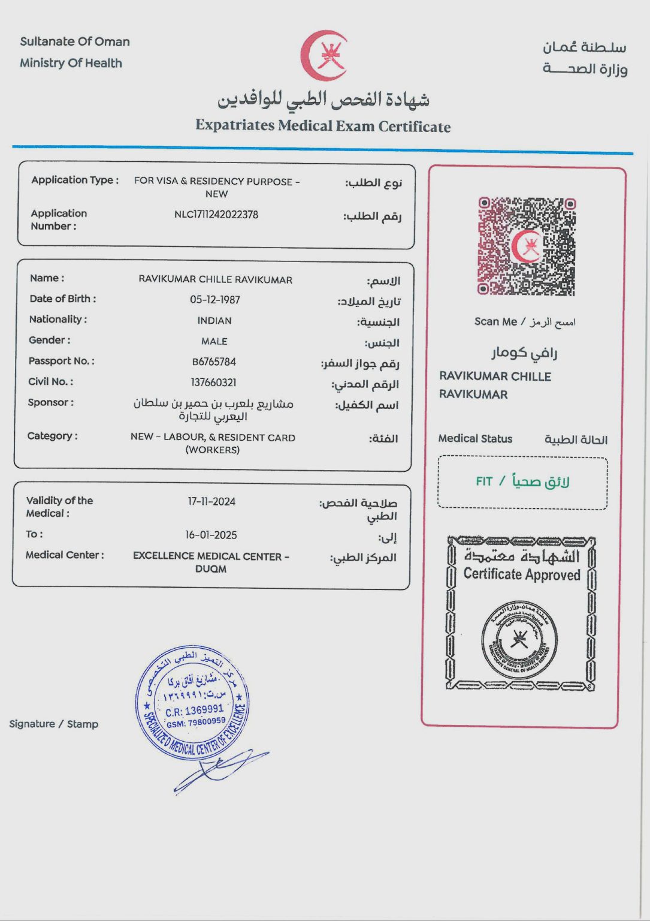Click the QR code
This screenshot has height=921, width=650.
point(527,246)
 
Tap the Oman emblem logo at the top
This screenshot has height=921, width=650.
point(324,56)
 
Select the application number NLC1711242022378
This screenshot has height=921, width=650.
point(216,215)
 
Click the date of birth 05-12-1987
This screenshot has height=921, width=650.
point(215,300)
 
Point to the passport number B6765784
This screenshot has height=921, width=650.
point(214,362)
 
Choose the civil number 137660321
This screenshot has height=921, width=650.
point(214,383)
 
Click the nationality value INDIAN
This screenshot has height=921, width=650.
point(214,321)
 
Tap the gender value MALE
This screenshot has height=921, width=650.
point(214,341)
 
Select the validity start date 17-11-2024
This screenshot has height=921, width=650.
point(211,501)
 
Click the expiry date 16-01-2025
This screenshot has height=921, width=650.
point(211,535)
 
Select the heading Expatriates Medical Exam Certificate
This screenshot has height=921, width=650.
point(323,126)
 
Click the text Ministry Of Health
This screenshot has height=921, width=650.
point(71,63)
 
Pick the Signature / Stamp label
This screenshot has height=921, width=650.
point(54,724)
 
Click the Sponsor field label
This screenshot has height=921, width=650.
point(50,402)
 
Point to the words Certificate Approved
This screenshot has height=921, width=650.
point(522,574)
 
